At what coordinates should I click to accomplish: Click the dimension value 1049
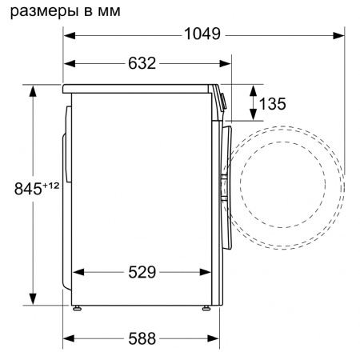pos(203,34)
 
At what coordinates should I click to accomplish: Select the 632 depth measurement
pos(141,63)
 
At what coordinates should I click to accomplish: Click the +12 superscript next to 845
pos(51,185)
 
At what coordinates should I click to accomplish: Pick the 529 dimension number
pos(141,272)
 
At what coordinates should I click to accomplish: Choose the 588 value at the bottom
pos(141,338)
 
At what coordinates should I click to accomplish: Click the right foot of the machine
pos(206,307)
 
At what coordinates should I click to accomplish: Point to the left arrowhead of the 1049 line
pos(69,34)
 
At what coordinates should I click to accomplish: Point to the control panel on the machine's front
pos(222,101)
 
